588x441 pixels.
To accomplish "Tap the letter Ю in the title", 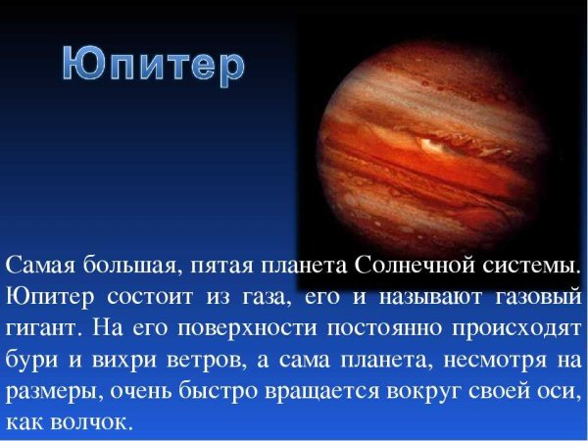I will click(83, 65).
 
